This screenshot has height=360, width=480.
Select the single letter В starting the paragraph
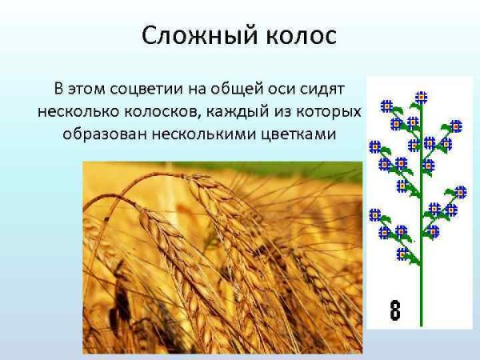pos(58,86)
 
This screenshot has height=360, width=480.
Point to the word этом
pos(86,86)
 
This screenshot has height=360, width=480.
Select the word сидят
pos(334,86)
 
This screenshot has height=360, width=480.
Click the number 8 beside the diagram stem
pos(394,310)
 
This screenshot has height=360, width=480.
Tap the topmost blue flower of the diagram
pos(422,97)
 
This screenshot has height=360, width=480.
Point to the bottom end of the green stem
pos(422,324)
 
